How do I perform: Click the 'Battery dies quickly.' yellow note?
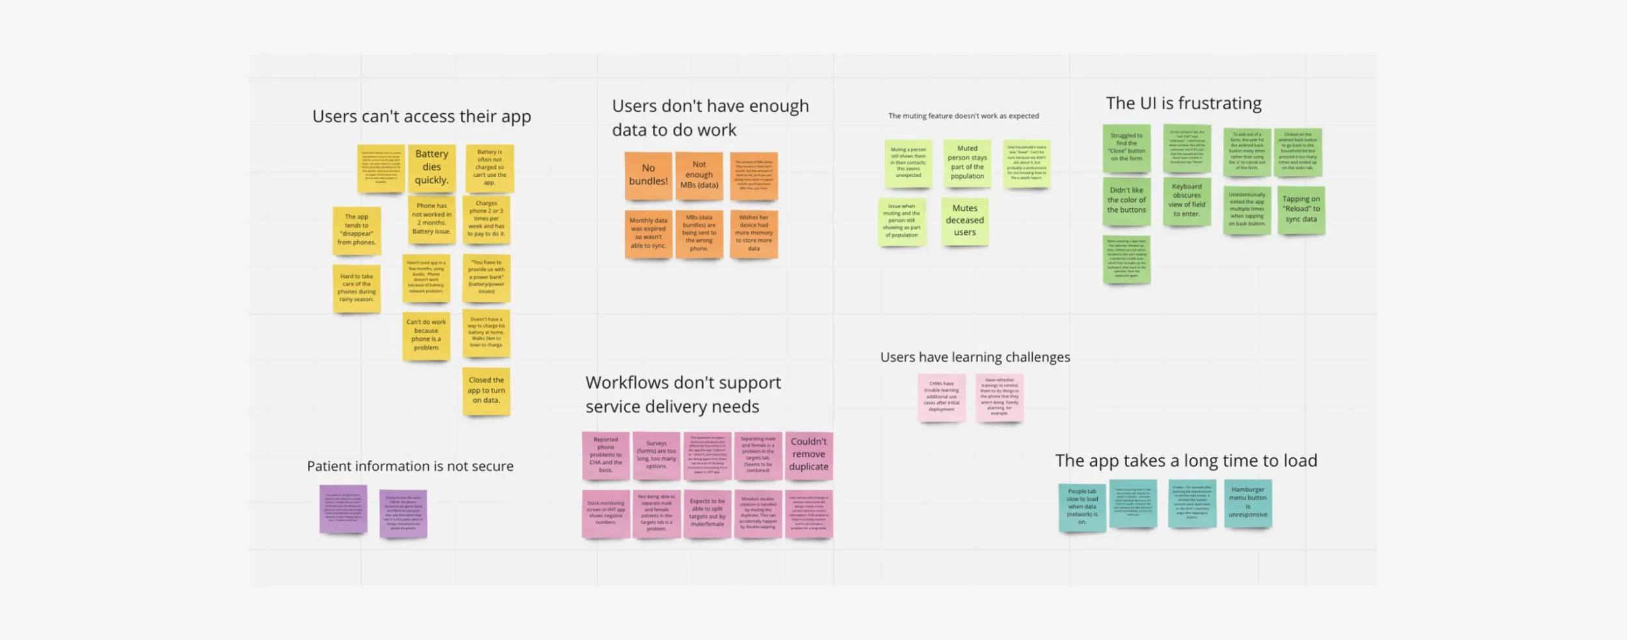point(431,167)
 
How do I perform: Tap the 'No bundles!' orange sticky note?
point(648,175)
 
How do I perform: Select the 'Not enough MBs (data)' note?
point(699,175)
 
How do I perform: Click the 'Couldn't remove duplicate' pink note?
point(808,455)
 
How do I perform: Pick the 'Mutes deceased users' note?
point(964,220)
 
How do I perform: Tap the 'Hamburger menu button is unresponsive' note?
point(1248,502)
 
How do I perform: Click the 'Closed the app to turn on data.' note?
point(486,390)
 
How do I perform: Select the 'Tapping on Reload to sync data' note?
point(1301,209)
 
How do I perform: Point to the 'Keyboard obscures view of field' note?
point(1186,200)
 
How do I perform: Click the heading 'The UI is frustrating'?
point(1183,103)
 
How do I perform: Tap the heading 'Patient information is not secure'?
point(410,466)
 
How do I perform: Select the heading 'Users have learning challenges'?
point(975,357)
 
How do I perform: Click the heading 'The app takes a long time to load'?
point(1186,460)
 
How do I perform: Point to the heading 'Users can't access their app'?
point(422,116)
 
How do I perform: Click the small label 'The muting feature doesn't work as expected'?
point(963,116)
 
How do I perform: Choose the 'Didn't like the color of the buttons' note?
point(1127,200)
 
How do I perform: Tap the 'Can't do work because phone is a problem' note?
point(426,335)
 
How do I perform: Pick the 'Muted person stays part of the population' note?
point(967,163)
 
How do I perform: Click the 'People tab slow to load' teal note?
point(1082,507)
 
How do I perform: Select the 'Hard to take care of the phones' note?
point(357,287)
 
